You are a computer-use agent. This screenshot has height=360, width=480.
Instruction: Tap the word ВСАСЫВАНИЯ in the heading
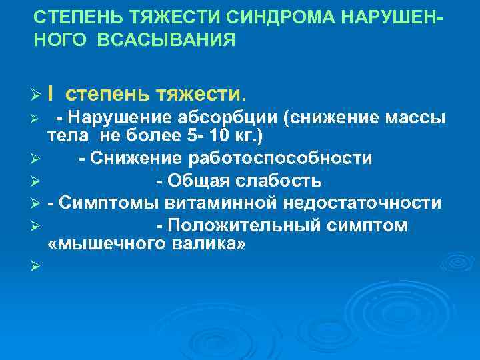pos(167,41)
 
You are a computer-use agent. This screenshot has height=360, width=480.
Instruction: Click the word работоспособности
pos(292,159)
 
